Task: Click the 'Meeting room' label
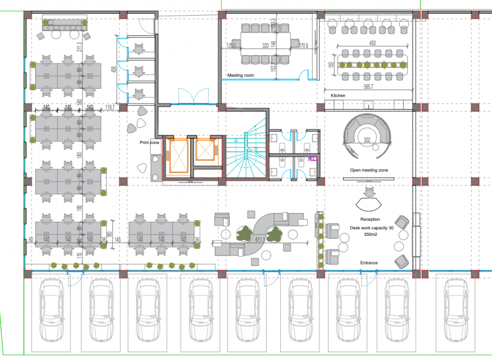[241, 76]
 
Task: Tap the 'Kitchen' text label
[338, 96]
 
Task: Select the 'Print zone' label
[149, 142]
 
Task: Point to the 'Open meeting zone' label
[369, 170]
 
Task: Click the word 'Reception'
[370, 220]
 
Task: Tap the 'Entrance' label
[369, 263]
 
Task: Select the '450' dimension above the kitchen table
[372, 43]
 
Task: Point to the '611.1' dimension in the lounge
[260, 240]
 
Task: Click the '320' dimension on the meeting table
[265, 45]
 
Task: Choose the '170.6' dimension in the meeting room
[304, 46]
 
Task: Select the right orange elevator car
[205, 150]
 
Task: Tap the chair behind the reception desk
[370, 193]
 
